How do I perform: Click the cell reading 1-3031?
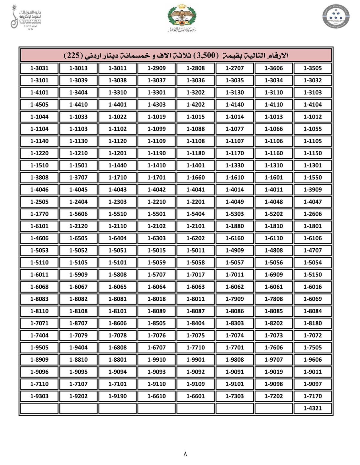click(x=39, y=68)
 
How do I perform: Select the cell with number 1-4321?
click(x=312, y=408)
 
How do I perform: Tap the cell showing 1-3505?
click(x=312, y=68)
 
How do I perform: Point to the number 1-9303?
click(x=39, y=396)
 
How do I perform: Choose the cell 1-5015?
click(x=156, y=250)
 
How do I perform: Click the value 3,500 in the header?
click(x=205, y=55)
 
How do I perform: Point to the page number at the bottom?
click(x=185, y=454)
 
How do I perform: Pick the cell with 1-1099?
click(x=156, y=129)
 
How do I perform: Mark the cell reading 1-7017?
click(x=196, y=274)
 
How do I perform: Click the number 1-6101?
click(x=39, y=226)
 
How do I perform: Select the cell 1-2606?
click(x=312, y=214)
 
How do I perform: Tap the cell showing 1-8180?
click(x=312, y=323)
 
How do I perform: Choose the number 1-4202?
click(x=196, y=105)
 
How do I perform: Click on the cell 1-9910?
click(x=156, y=359)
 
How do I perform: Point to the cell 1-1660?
click(x=196, y=177)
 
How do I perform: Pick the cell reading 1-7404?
click(x=39, y=335)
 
